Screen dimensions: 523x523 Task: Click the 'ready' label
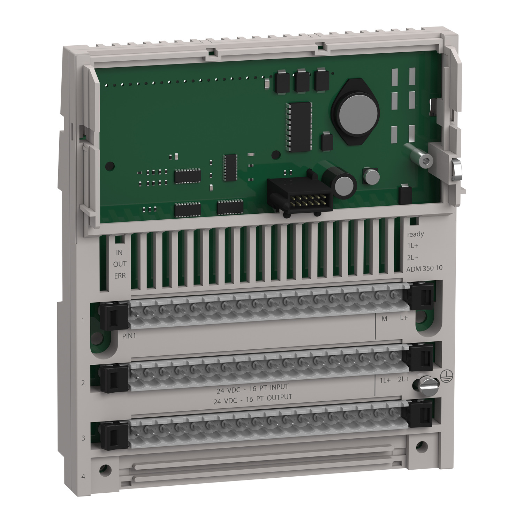415,234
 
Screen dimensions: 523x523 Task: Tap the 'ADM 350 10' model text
425,269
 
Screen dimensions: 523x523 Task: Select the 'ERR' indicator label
120,276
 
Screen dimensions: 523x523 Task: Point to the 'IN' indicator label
119,252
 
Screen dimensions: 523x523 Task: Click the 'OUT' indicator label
120,264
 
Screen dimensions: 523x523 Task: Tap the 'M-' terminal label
385,318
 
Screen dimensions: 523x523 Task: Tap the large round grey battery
354,111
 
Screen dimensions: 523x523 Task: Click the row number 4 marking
83,476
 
